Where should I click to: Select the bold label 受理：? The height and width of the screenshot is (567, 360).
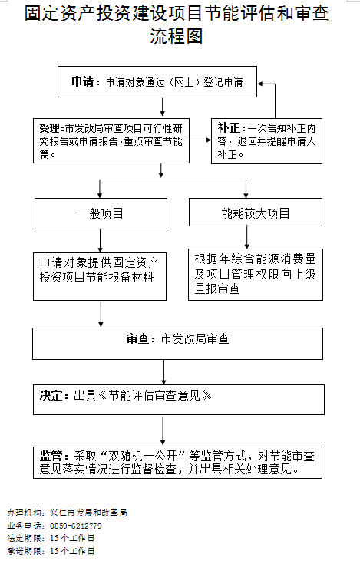coord(53,127)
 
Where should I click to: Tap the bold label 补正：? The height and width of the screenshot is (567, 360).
coord(231,127)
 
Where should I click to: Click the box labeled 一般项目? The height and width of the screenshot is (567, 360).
coord(101,213)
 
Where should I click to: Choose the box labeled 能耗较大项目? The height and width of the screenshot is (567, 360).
coord(245,213)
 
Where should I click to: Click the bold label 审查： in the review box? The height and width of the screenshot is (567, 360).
coord(141,338)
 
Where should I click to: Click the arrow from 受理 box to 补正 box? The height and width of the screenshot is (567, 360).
coord(200,140)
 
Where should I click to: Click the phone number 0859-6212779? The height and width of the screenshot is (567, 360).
coord(76,526)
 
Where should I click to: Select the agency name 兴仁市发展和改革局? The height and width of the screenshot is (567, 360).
coord(88,513)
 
